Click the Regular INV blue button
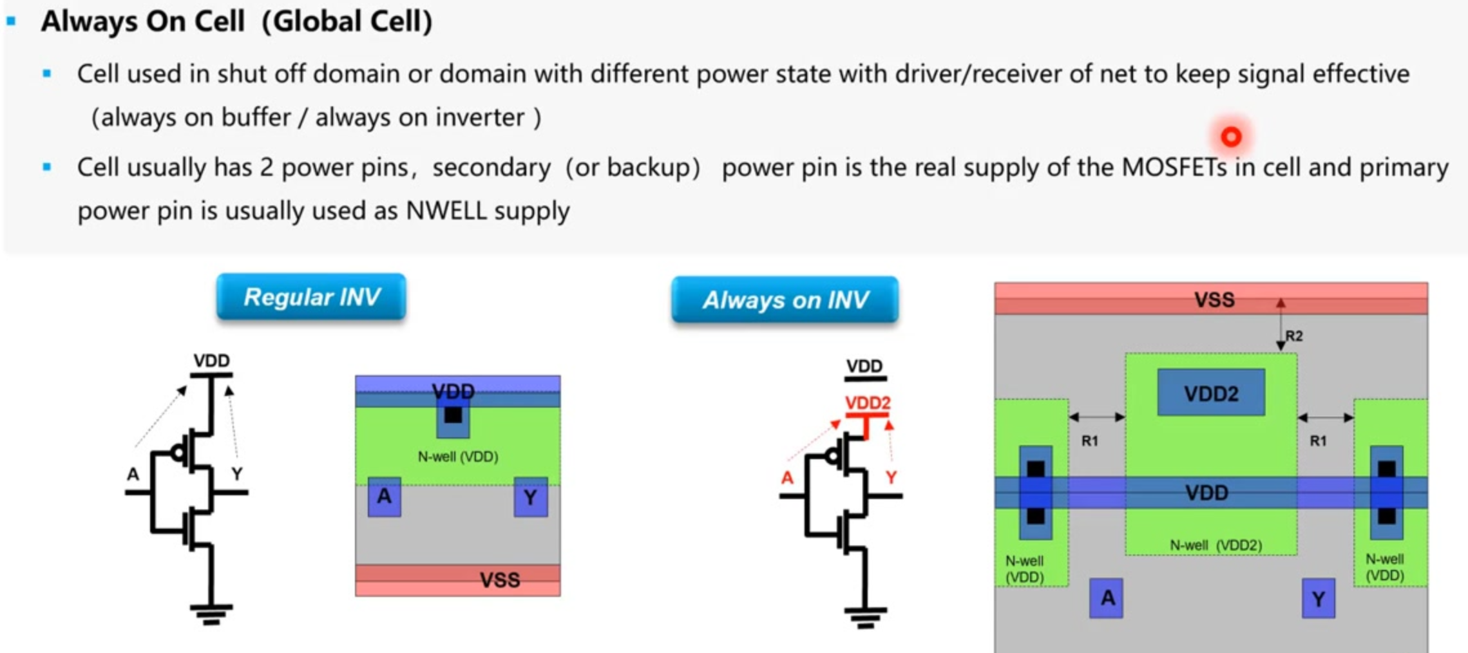pyautogui.click(x=311, y=297)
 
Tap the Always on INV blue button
pyautogui.click(x=785, y=299)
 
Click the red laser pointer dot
pyautogui.click(x=1231, y=137)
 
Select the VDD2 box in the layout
pyautogui.click(x=1211, y=393)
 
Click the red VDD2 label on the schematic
pyautogui.click(x=867, y=403)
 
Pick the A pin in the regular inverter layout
pyautogui.click(x=385, y=497)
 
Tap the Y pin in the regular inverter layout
pyautogui.click(x=531, y=497)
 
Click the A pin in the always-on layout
pyautogui.click(x=1106, y=598)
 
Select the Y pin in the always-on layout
pyautogui.click(x=1319, y=599)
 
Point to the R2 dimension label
pyautogui.click(x=1294, y=336)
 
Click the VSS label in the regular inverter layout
pyautogui.click(x=500, y=580)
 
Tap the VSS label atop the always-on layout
pyautogui.click(x=1214, y=299)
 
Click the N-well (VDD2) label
pyautogui.click(x=1216, y=545)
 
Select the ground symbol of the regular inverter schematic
pyautogui.click(x=211, y=614)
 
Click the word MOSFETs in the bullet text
pyautogui.click(x=1174, y=167)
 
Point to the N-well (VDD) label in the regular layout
pyautogui.click(x=458, y=457)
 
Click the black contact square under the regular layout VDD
pyautogui.click(x=453, y=415)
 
